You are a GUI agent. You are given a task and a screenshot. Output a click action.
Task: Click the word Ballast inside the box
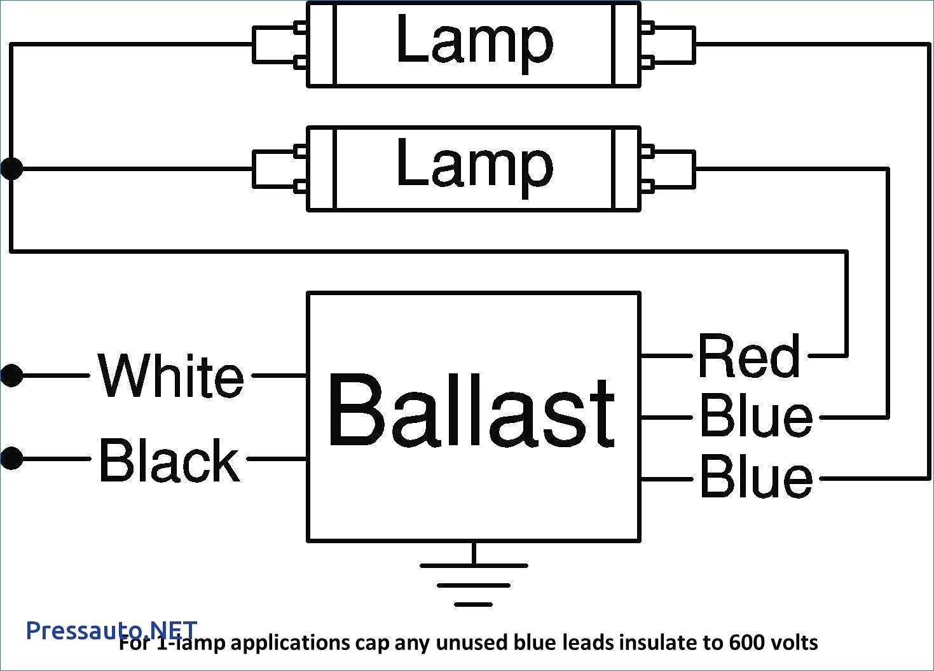click(472, 410)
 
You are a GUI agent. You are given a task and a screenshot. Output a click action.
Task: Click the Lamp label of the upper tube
click(475, 43)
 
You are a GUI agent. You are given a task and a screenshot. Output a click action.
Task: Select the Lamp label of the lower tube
click(475, 168)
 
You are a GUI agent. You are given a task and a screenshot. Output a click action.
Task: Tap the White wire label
click(170, 375)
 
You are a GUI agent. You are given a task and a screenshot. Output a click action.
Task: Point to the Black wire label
click(170, 460)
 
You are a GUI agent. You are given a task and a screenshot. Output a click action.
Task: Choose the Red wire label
click(749, 356)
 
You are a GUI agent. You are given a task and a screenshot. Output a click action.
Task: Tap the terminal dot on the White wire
click(11, 375)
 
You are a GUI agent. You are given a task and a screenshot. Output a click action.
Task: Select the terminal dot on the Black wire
click(11, 459)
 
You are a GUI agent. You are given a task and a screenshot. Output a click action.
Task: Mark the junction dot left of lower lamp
click(11, 169)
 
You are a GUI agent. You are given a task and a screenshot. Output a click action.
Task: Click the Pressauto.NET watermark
click(111, 630)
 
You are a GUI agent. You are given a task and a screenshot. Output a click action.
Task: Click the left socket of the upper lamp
click(280, 45)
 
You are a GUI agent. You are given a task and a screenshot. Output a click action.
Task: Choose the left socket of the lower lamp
click(280, 169)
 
